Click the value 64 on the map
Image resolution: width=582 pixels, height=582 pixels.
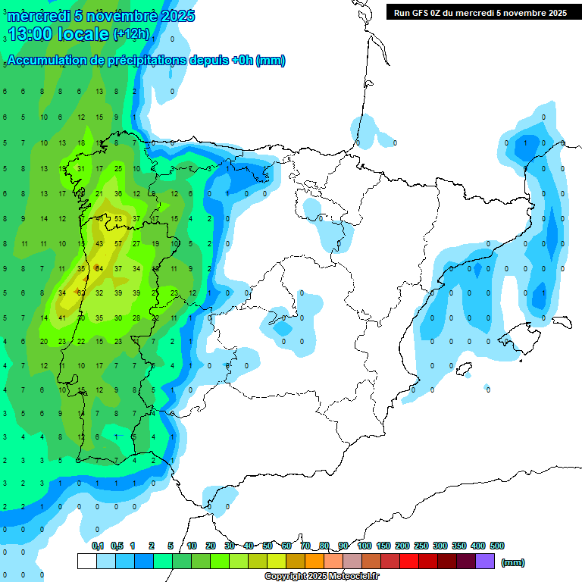coord(99,268)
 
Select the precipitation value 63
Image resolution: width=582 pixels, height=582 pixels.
coord(80,293)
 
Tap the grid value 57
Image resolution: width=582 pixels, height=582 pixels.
coord(117,244)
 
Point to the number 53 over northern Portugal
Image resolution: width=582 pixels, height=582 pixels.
coord(117,219)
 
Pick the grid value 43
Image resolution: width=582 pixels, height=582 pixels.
coord(99,244)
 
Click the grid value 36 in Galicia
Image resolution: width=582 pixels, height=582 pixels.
coord(117,194)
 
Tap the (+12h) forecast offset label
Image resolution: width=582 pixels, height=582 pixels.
coord(131,34)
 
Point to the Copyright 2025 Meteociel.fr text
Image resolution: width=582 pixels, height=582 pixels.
coord(321,577)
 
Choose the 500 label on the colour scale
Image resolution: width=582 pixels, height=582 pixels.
coord(497,546)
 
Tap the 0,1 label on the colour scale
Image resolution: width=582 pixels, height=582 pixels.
coord(98,546)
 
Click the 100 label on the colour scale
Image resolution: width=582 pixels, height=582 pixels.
coord(364,546)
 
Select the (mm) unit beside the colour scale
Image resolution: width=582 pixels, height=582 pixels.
coord(513,562)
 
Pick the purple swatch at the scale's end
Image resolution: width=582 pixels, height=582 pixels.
coord(485,562)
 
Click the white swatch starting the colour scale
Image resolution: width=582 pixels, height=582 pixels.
coord(86,562)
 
